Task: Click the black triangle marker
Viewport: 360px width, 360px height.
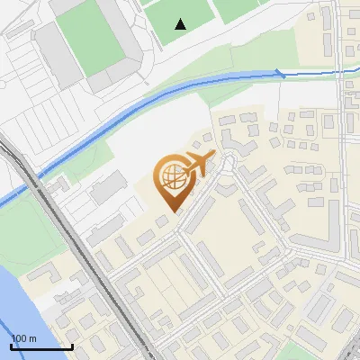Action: (x=181, y=23)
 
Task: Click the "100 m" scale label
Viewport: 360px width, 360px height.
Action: (x=24, y=338)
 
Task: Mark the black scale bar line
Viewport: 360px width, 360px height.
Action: (x=41, y=346)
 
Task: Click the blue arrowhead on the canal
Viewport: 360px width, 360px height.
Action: (x=281, y=74)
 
